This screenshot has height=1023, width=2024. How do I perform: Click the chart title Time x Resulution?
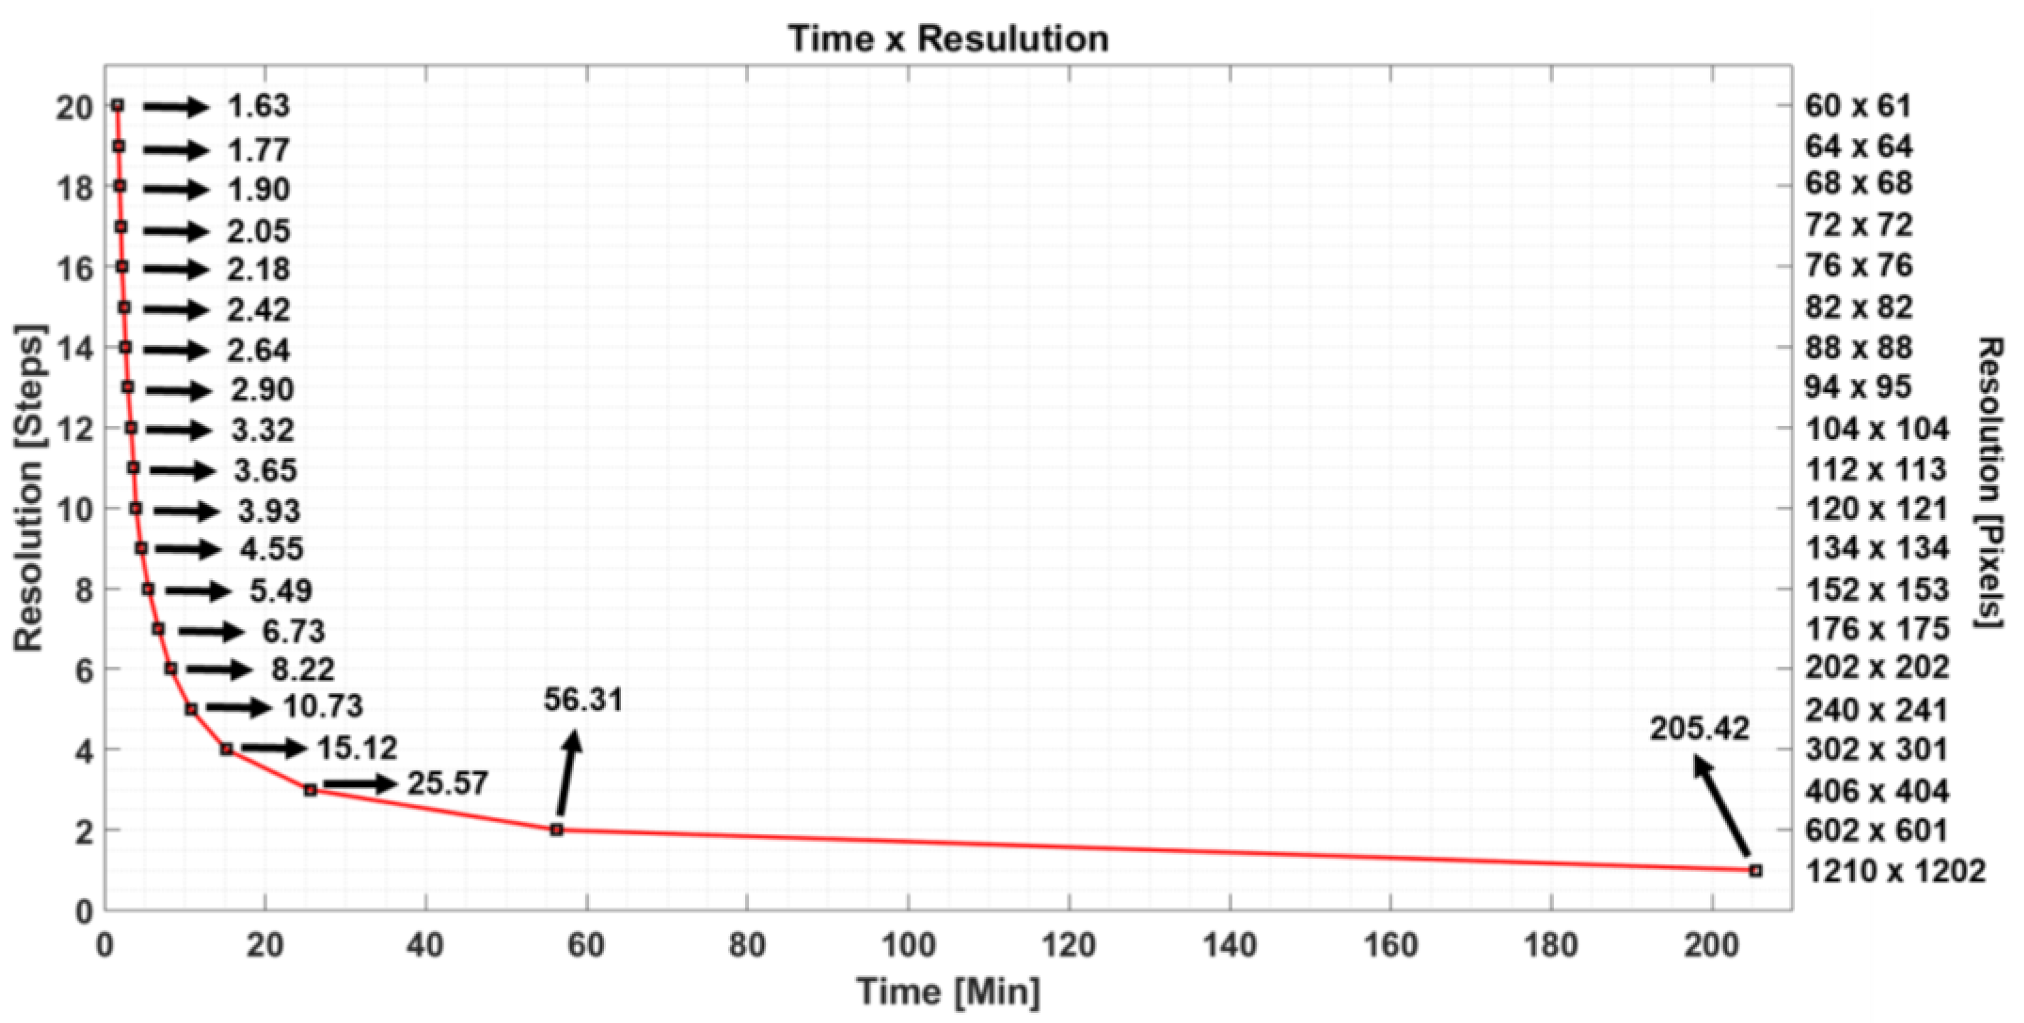tap(947, 38)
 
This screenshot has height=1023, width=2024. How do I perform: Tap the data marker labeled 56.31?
tap(556, 829)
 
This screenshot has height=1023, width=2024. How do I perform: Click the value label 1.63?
tap(259, 106)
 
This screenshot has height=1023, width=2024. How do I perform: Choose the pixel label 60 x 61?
tap(1857, 106)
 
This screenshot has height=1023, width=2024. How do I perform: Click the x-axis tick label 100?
tap(907, 945)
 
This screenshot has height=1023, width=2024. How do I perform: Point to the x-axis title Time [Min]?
tap(947, 992)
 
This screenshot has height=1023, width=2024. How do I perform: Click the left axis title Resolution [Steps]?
tap(29, 487)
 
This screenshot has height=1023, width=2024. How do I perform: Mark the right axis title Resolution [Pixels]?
tap(1990, 482)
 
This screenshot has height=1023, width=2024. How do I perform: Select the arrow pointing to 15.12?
tap(273, 748)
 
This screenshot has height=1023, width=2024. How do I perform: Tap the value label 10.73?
tap(323, 707)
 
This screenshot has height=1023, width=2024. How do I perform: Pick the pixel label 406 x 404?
tap(1876, 791)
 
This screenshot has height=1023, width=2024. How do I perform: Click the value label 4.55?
tap(272, 548)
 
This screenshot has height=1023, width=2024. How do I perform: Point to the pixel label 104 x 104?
tap(1876, 429)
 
